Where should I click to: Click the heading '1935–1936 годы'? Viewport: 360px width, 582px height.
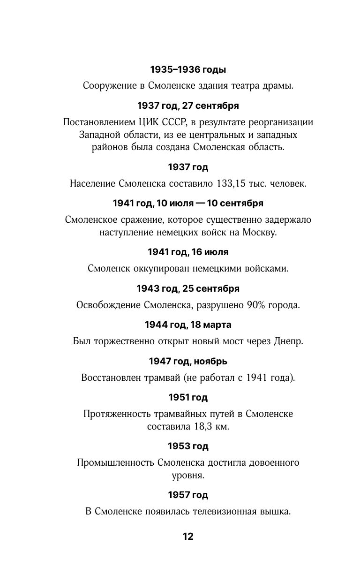pyautogui.click(x=188, y=70)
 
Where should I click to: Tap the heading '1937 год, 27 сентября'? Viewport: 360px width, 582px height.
pyautogui.click(x=188, y=106)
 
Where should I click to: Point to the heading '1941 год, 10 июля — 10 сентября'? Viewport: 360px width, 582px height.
pyautogui.click(x=188, y=204)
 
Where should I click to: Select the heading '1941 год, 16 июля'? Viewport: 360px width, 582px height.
pyautogui.click(x=188, y=252)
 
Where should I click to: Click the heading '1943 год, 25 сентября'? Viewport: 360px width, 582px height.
pyautogui.click(x=188, y=288)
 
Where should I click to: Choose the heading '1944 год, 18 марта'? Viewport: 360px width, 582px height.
pyautogui.click(x=188, y=325)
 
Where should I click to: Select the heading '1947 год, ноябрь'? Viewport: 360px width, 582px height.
pyautogui.click(x=188, y=361)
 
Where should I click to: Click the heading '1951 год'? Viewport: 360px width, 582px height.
pyautogui.click(x=188, y=398)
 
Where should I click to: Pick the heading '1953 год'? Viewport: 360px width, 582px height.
pyautogui.click(x=188, y=446)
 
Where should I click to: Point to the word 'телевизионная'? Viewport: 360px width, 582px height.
pyautogui.click(x=224, y=512)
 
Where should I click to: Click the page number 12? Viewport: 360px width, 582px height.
pyautogui.click(x=188, y=537)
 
